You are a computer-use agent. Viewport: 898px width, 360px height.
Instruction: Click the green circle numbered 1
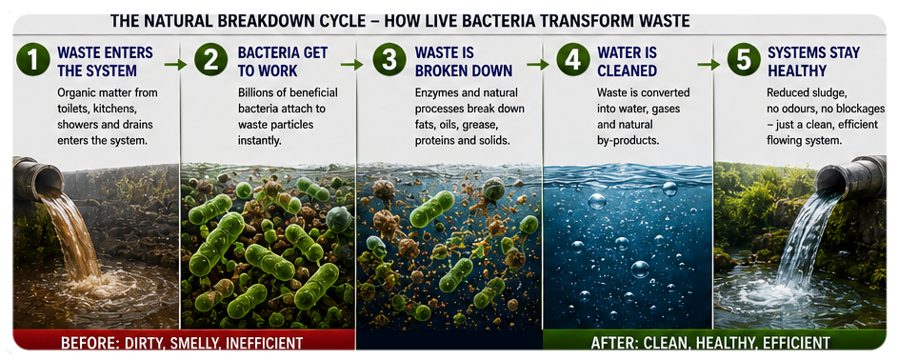(32, 60)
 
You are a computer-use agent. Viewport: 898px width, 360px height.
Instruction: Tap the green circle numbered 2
(211, 60)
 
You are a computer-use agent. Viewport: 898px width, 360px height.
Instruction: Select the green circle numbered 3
(389, 60)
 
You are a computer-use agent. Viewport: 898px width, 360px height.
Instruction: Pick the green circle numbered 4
(573, 60)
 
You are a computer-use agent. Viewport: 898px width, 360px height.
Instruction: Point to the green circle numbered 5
(744, 60)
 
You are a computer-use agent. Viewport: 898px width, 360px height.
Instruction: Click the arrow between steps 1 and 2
(176, 65)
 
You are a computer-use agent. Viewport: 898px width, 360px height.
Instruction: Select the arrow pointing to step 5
(708, 65)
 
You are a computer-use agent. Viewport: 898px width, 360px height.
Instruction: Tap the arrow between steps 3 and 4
(538, 65)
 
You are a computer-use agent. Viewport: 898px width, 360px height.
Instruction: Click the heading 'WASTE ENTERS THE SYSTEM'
(106, 62)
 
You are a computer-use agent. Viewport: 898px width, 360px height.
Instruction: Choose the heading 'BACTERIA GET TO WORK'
(282, 62)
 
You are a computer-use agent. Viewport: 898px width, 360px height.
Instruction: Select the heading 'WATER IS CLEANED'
(628, 62)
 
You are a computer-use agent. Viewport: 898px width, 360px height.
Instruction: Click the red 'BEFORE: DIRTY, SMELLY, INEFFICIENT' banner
(182, 343)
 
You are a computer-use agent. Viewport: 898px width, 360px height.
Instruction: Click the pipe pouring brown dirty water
(37, 178)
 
